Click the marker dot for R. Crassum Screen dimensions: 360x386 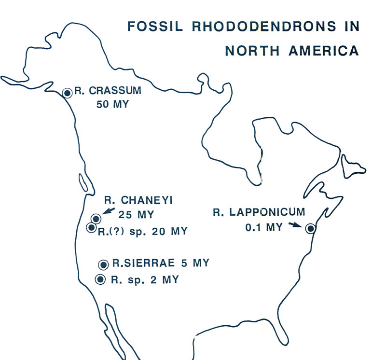(68, 93)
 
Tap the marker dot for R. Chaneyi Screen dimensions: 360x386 (96, 219)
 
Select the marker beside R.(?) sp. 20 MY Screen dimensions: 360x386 (91, 227)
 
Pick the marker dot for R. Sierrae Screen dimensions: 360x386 (103, 264)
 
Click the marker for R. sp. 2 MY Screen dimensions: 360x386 (100, 278)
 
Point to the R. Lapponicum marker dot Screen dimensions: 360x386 (311, 228)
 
